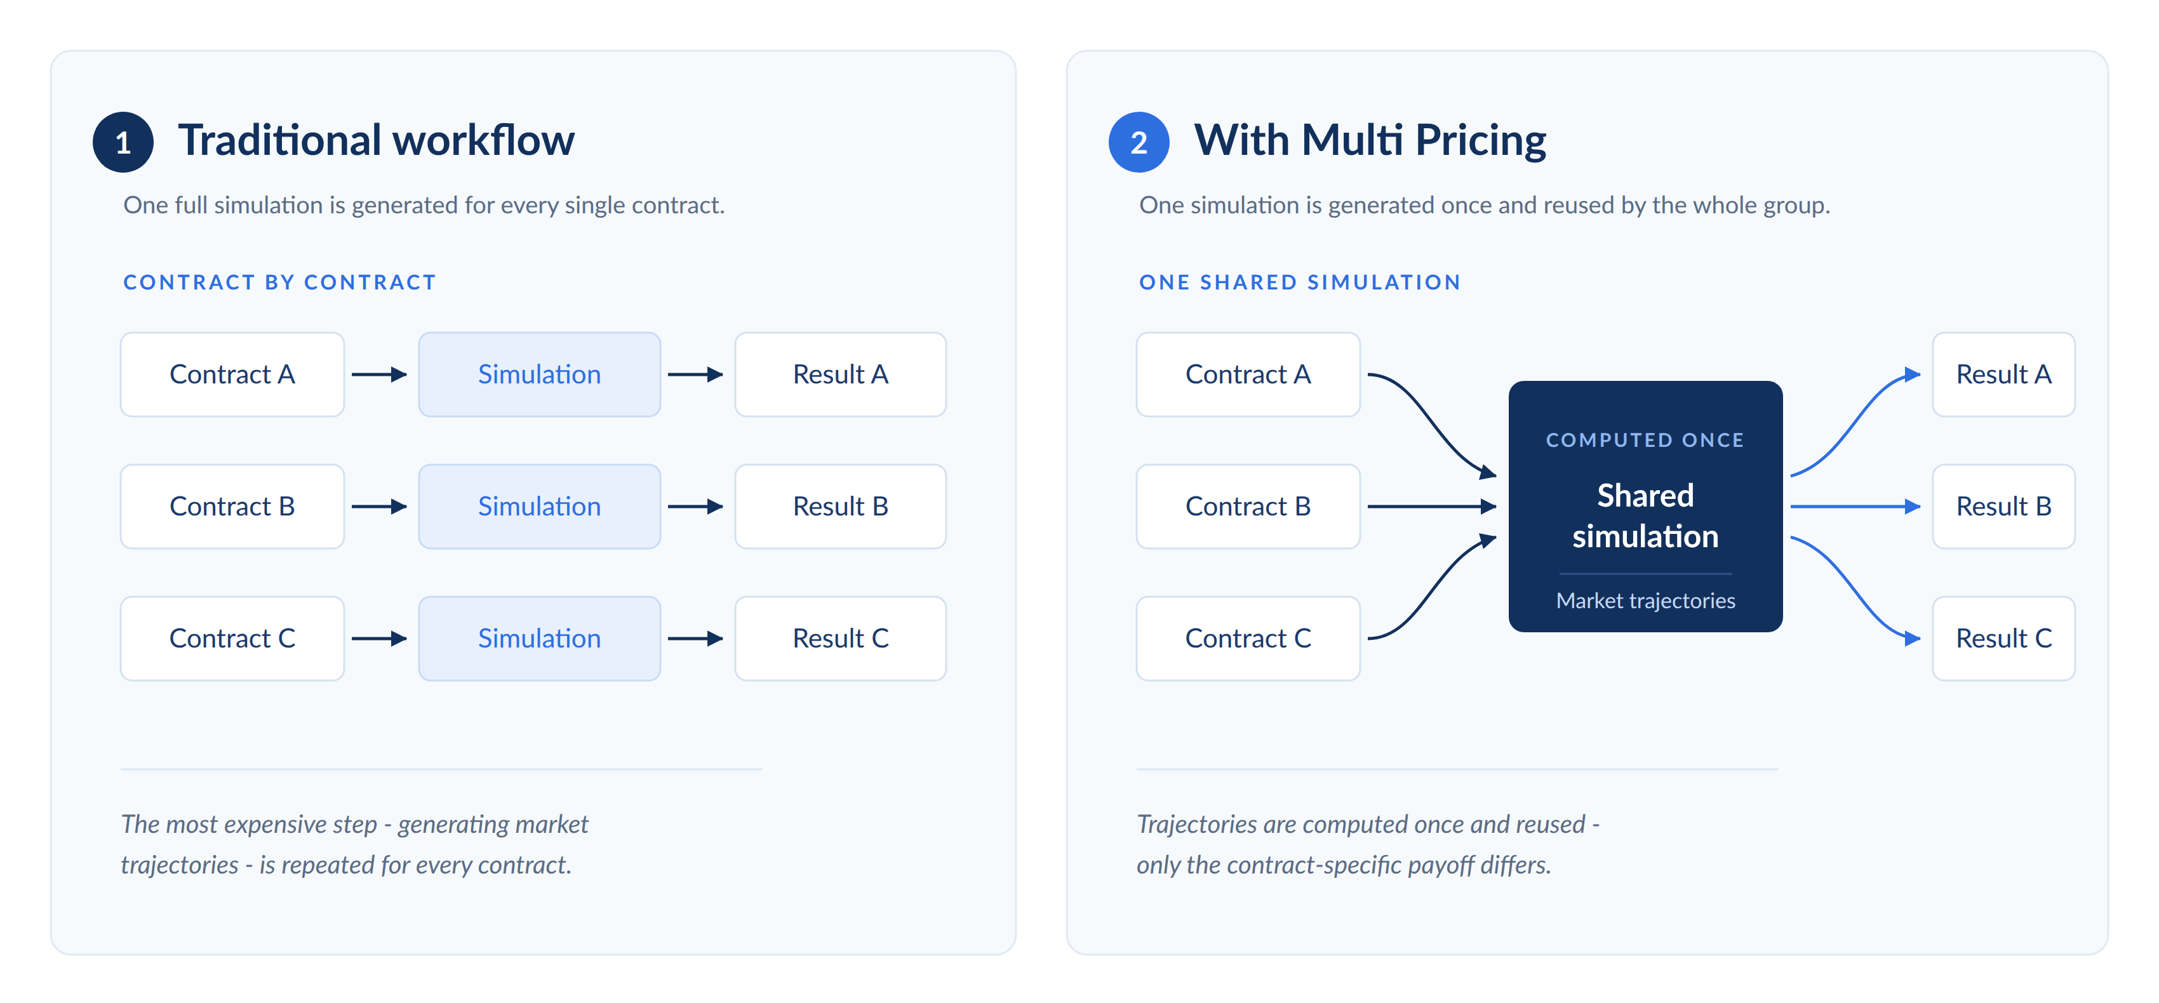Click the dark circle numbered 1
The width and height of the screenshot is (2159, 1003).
[x=123, y=142]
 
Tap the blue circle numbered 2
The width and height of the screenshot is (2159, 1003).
[x=1139, y=142]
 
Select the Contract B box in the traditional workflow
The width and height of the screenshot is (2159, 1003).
[x=232, y=506]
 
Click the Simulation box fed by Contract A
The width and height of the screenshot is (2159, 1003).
[x=540, y=375]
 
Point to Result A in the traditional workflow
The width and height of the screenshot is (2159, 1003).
[x=841, y=375]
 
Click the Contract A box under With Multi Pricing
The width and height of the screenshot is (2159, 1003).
[x=1248, y=375]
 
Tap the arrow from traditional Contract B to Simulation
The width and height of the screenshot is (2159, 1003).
[x=380, y=506]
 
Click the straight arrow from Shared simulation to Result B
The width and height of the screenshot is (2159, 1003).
[x=1855, y=506]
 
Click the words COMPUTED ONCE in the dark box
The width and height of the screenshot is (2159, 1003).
[x=1645, y=440]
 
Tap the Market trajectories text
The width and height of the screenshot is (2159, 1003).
[x=1645, y=601]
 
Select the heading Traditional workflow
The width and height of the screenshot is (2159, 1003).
[x=377, y=140]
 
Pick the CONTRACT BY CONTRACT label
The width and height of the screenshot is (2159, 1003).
[x=280, y=282]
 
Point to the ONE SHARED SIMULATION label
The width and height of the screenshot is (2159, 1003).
[x=1300, y=282]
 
